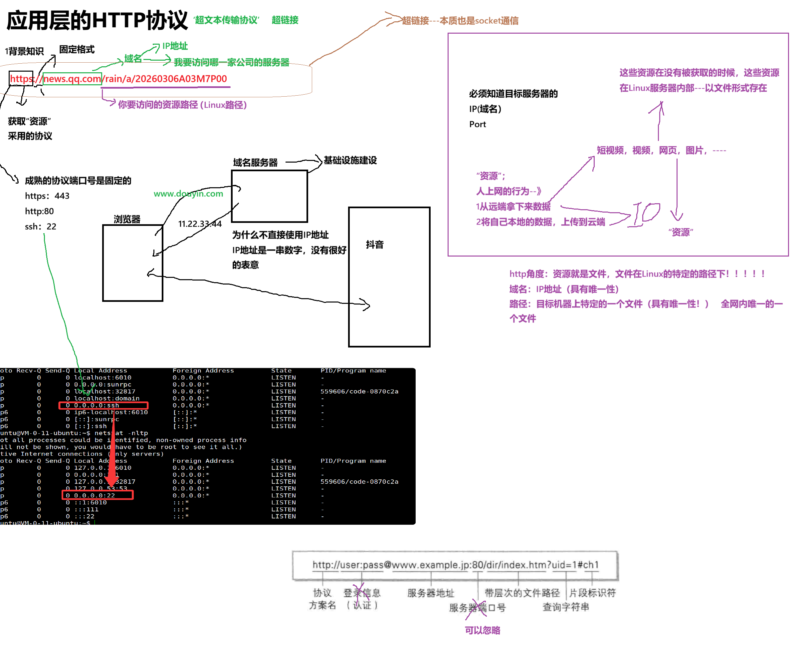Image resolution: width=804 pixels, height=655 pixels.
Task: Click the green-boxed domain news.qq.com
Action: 72,79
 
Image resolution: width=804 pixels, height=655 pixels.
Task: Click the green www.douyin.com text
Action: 188,194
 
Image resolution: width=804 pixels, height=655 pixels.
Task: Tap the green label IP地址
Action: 175,46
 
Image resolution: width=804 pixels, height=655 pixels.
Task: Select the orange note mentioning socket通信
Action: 460,21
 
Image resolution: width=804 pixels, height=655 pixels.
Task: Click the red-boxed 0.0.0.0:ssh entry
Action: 97,405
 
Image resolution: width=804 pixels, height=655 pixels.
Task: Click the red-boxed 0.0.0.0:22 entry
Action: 95,495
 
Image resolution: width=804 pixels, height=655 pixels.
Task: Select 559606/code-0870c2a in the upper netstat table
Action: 359,391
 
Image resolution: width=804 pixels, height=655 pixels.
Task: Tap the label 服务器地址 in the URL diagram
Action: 431,593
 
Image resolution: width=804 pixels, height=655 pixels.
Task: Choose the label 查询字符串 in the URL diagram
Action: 566,607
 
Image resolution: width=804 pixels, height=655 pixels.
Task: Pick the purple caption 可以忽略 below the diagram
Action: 483,630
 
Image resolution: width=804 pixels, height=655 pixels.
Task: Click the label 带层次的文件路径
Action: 522,593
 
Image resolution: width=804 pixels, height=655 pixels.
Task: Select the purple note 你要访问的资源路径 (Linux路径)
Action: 182,105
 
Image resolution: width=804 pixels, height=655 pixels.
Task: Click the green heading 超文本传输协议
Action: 226,20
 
